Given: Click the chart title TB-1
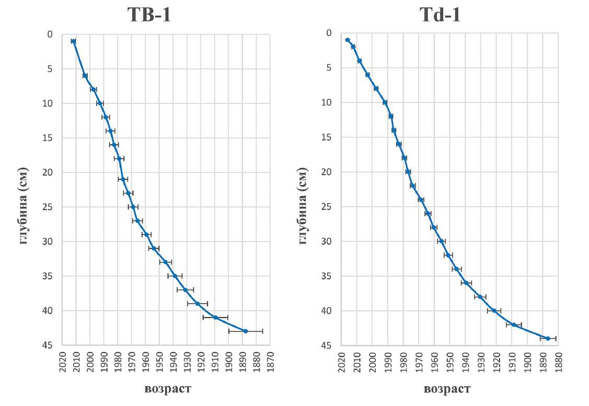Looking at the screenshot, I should [x=149, y=15].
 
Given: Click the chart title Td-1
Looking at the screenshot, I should [x=441, y=15].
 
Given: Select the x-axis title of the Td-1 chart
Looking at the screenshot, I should [x=447, y=389].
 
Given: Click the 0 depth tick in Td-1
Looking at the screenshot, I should [x=329, y=33].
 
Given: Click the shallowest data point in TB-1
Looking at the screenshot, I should [x=74, y=41].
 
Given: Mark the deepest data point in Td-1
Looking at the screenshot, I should [x=548, y=339].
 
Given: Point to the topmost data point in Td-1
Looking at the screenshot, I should [x=348, y=40].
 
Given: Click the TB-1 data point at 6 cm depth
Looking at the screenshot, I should [x=85, y=76].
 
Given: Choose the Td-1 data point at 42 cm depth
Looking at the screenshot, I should [x=514, y=324].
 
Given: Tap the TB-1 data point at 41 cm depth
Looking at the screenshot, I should [x=215, y=317].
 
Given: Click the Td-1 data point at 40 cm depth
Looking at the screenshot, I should [x=494, y=310].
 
